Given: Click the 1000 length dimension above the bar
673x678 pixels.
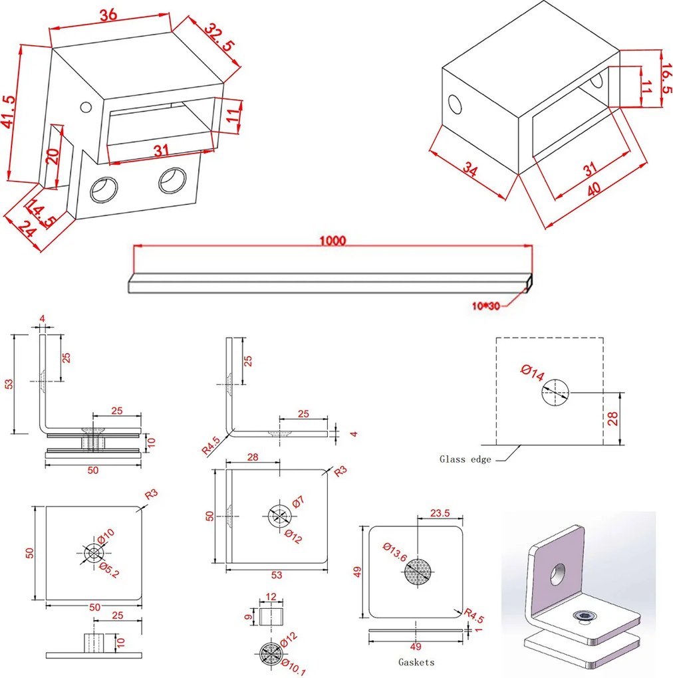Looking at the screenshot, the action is [x=332, y=241].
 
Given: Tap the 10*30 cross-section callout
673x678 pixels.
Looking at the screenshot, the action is [x=485, y=306].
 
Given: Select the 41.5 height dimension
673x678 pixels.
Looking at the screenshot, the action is [x=9, y=112].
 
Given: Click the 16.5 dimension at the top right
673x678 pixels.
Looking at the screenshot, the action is [x=666, y=78].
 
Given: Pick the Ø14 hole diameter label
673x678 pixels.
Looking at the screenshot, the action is [x=532, y=372].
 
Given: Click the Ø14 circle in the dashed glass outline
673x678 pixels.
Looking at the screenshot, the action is [x=555, y=393].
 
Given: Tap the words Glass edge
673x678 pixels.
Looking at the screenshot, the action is [x=466, y=459].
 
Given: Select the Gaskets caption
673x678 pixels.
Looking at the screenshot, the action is [x=416, y=662].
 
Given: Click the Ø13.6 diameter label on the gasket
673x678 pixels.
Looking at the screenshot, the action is [x=394, y=552].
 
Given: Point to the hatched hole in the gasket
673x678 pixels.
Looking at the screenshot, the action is [x=418, y=572].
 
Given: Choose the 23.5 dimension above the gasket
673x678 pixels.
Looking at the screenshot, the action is [x=440, y=513].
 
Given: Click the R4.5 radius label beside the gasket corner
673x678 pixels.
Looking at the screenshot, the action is [x=473, y=616].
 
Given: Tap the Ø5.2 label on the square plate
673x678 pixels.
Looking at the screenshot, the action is [x=108, y=570].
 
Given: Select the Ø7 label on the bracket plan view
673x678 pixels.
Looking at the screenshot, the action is [x=298, y=502].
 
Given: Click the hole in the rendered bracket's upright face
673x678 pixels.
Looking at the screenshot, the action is [x=557, y=574].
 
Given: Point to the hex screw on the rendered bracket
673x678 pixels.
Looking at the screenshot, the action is [x=583, y=616].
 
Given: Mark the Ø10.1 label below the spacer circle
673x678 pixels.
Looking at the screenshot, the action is [x=293, y=667].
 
